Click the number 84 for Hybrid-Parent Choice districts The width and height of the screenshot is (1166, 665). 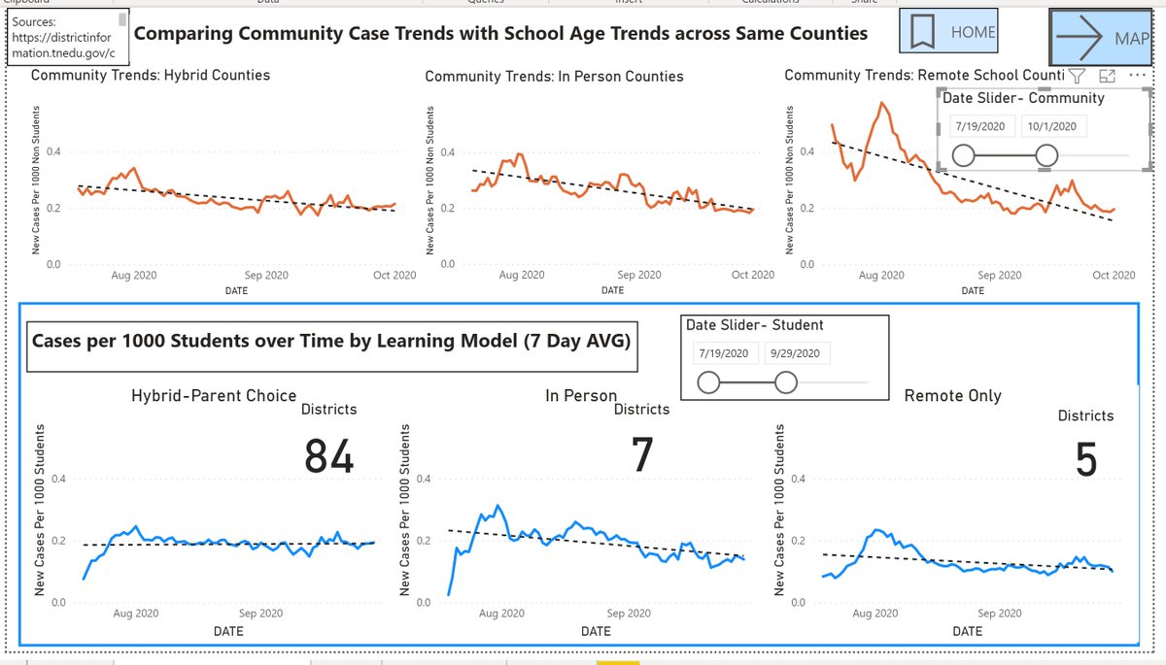328,456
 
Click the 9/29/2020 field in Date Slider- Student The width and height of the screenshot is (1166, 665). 797,354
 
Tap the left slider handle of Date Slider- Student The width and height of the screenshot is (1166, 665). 708,383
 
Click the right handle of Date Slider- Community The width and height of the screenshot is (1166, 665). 1046,155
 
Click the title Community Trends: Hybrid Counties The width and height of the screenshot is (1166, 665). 151,75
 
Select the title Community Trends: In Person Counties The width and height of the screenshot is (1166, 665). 554,76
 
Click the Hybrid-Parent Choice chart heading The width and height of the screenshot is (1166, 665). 214,395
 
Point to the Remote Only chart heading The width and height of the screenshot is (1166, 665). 952,395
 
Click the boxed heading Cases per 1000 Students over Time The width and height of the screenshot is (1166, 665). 331,341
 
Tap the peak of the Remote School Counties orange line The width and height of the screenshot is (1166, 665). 882,103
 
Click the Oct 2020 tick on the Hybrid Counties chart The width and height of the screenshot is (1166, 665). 394,276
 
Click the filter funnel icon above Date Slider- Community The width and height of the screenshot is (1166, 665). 1077,76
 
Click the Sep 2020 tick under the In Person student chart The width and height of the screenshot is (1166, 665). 629,614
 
